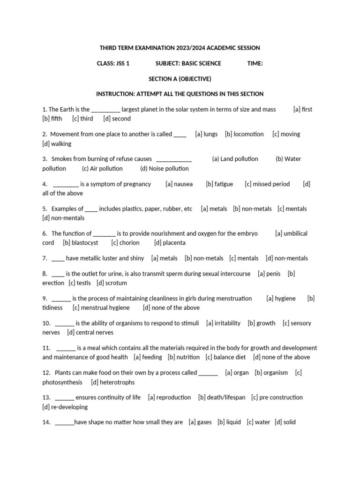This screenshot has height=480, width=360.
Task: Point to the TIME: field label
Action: point(255,63)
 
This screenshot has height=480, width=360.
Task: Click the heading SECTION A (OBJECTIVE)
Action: point(180,79)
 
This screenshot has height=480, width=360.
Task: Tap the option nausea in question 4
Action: point(183,184)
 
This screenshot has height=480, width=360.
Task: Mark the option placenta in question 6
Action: point(174,242)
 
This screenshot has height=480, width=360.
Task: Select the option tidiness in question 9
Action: point(52,307)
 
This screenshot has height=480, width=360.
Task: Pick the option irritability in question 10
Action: point(227,323)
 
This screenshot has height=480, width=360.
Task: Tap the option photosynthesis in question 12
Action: point(62,382)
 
